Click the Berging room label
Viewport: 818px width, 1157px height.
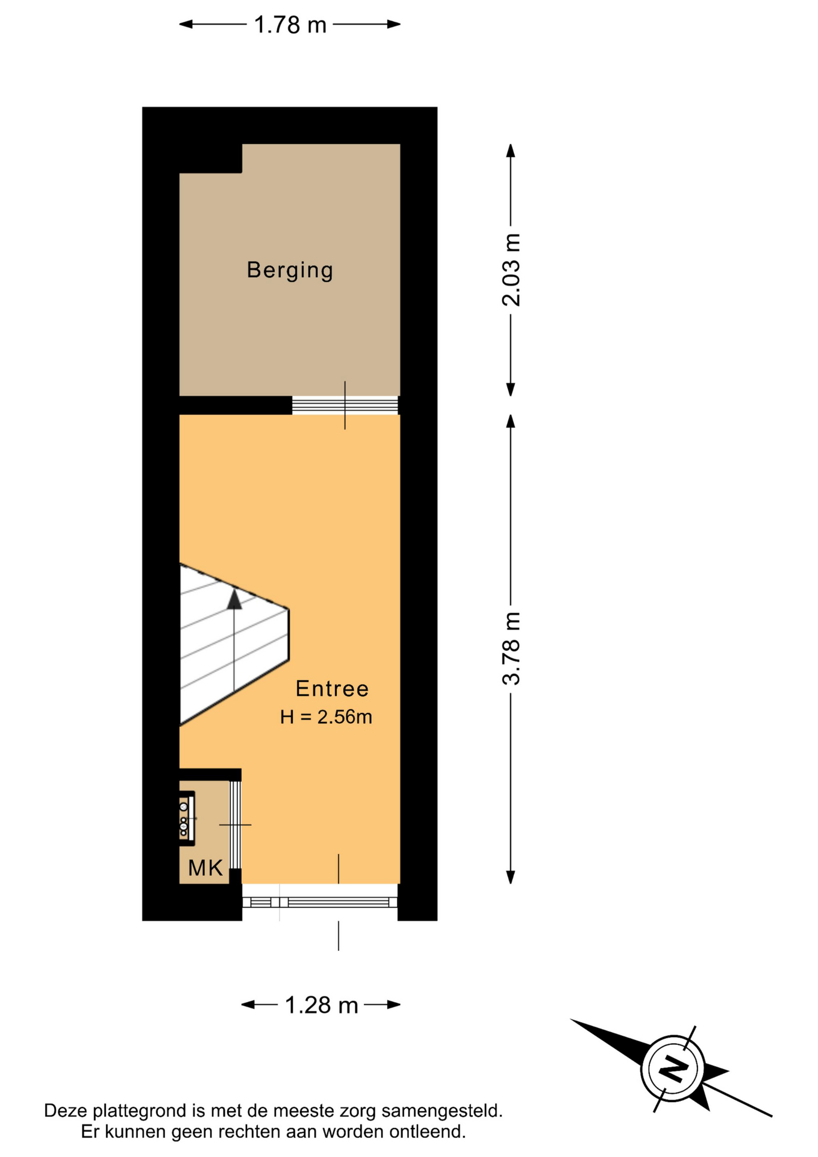coord(290,270)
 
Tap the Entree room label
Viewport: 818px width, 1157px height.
coord(332,688)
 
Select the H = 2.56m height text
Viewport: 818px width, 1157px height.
coord(326,717)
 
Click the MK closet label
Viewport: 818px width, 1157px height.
coord(205,868)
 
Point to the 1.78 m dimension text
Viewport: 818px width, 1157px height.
coord(290,25)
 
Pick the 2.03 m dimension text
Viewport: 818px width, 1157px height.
coord(511,269)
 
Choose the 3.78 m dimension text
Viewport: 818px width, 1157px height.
coord(511,648)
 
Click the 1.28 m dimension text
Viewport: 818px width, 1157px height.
coord(322,1005)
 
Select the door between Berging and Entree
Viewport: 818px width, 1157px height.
coord(345,405)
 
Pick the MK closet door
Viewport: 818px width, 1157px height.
coord(236,824)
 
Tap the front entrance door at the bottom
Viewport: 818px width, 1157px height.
coord(320,902)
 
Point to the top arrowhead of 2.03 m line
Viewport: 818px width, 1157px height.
coord(511,151)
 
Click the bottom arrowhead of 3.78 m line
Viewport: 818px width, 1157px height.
coord(511,877)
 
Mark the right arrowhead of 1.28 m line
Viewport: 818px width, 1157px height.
coord(394,1005)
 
